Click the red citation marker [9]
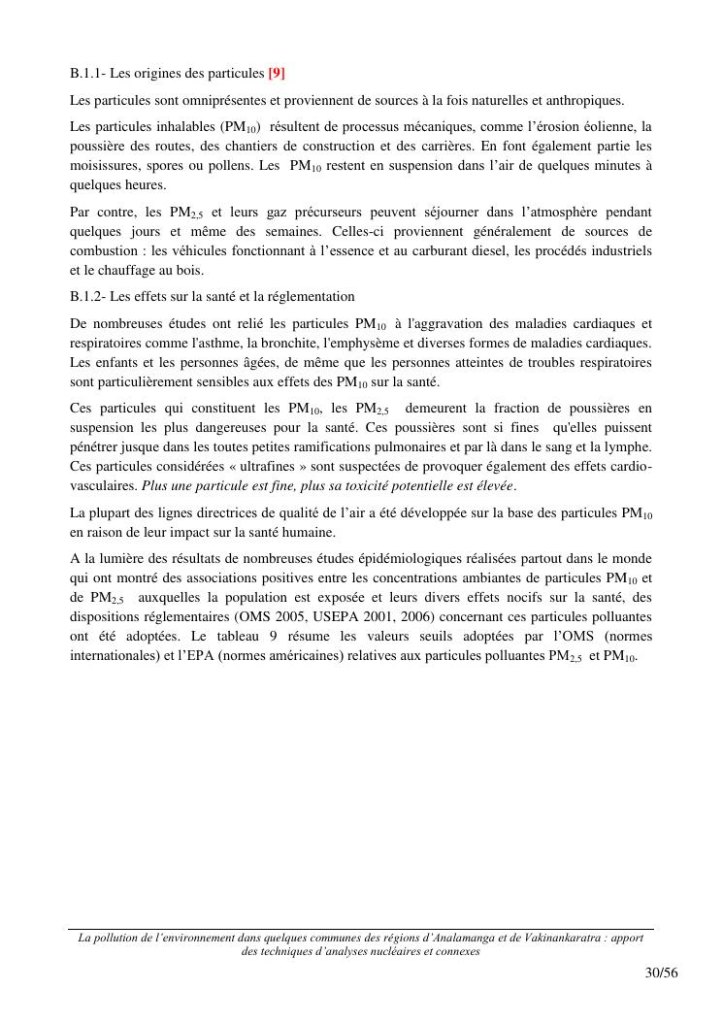click(277, 73)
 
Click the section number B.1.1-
click(90, 73)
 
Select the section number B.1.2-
click(90, 296)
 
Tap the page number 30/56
click(660, 973)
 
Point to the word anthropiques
click(586, 100)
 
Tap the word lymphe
click(627, 446)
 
